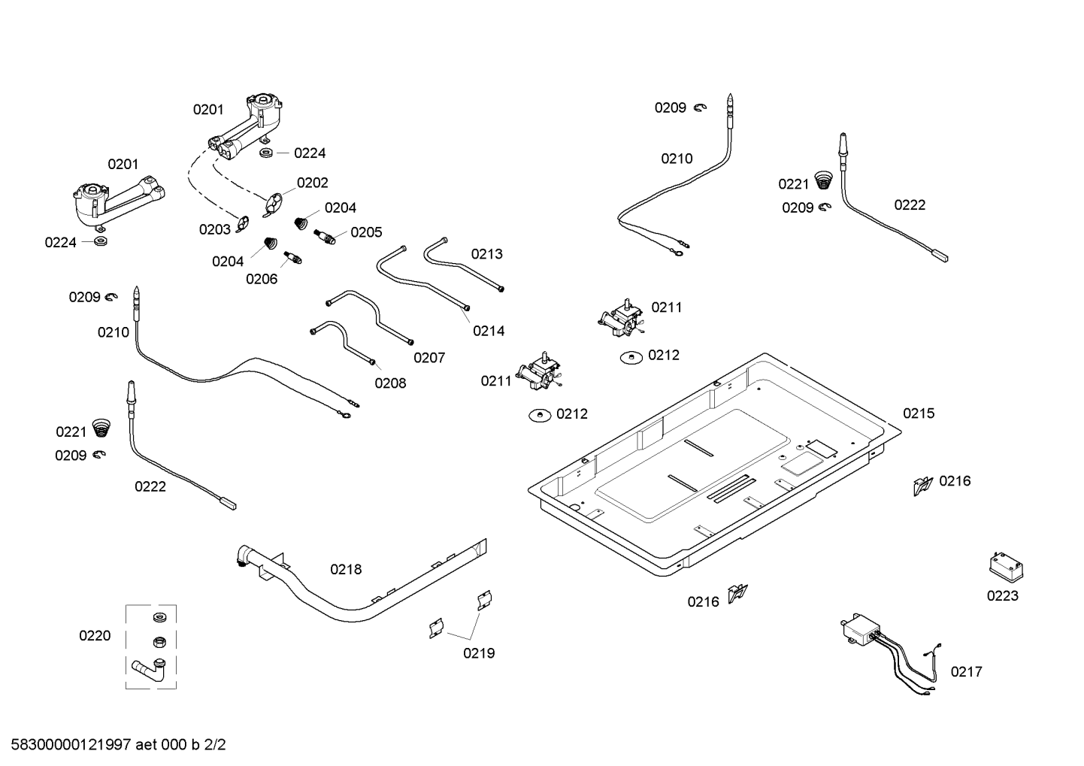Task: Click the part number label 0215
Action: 918,413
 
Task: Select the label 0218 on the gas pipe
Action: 346,570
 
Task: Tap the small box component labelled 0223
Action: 1002,566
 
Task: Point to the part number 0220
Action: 95,636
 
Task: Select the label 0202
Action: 312,183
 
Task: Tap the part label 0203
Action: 215,230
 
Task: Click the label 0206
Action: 262,280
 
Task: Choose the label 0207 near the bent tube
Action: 429,358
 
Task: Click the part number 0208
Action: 390,383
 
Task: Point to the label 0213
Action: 487,254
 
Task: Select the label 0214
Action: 489,331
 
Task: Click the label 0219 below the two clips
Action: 479,653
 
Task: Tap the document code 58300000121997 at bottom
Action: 67,746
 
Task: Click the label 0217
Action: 966,672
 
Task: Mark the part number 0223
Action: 1002,596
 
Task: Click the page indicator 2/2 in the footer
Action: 215,746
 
